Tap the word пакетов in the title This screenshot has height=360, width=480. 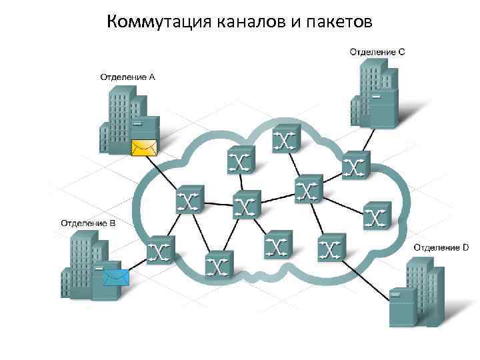click(340, 23)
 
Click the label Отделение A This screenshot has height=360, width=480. click(128, 77)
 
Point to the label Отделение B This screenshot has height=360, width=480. click(88, 223)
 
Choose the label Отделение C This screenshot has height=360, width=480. click(377, 51)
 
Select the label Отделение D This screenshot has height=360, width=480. click(441, 247)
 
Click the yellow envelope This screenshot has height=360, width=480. click(143, 147)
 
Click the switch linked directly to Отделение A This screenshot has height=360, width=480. click(189, 199)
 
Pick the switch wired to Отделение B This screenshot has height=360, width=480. click(161, 250)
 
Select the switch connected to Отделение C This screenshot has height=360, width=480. click(355, 165)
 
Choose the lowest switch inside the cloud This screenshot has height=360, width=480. click(218, 265)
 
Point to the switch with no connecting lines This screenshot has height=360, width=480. click(377, 215)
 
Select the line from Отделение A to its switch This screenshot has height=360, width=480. click(165, 175)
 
